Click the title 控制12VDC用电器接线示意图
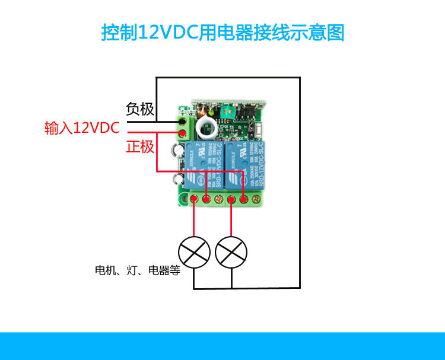223,32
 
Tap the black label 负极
140,109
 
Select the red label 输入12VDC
82,128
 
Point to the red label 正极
140,146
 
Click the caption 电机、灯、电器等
137,271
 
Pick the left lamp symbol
195,251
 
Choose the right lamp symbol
231,251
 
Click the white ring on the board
208,126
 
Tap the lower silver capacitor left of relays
177,179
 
